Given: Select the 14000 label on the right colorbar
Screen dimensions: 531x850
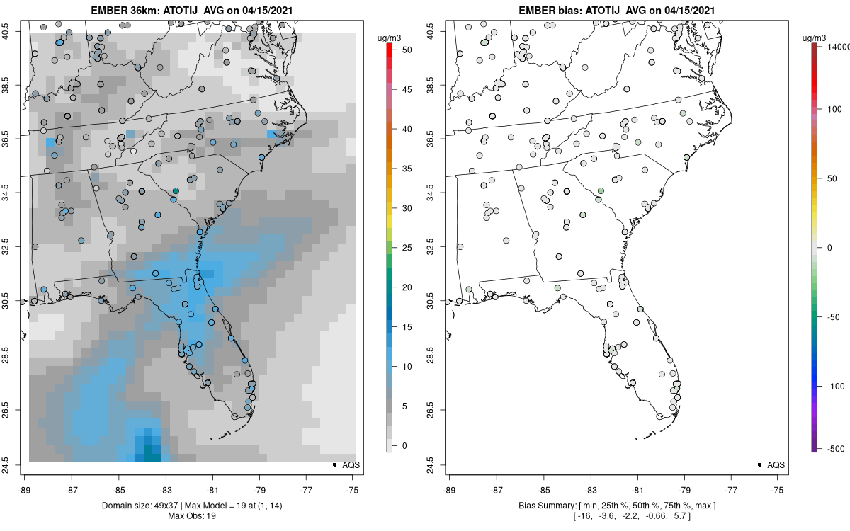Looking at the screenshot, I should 834,46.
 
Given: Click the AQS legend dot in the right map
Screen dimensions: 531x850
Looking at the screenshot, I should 759,464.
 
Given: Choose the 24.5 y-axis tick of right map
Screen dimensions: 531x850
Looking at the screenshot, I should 438,464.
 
